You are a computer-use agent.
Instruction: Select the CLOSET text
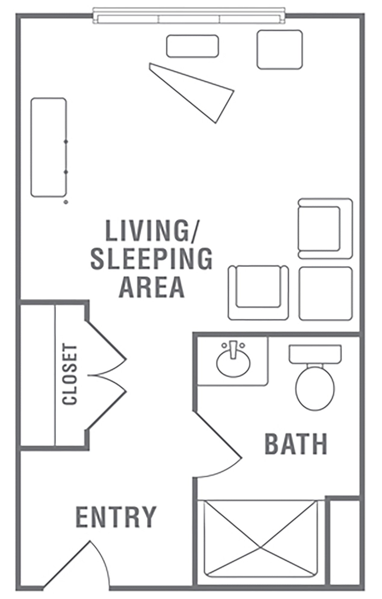click(70, 374)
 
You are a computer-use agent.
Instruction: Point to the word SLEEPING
click(152, 258)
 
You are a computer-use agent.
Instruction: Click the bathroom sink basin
click(233, 361)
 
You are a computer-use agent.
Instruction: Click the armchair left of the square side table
click(258, 292)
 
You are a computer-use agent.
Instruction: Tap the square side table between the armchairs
click(326, 293)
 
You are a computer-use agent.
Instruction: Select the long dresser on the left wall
click(49, 147)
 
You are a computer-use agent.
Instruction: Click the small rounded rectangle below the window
click(193, 46)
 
